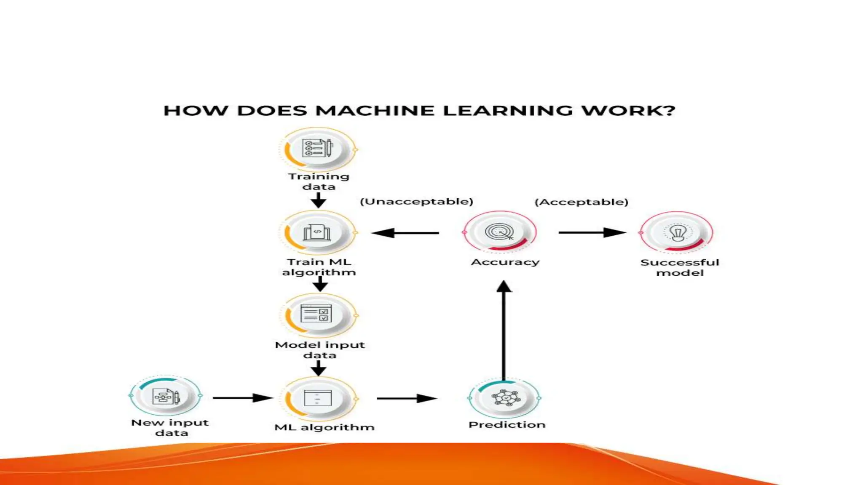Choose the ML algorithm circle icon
click(x=318, y=398)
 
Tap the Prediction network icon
click(x=505, y=398)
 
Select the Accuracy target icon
click(x=500, y=232)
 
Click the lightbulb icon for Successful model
click(x=677, y=232)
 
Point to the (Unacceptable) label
click(x=416, y=202)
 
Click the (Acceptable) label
click(x=582, y=202)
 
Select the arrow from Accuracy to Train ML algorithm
click(x=405, y=233)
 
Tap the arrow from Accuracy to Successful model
click(x=592, y=232)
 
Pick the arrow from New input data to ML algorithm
click(x=243, y=398)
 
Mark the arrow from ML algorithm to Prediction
click(x=407, y=398)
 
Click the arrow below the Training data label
click(x=319, y=200)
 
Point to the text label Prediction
click(x=507, y=425)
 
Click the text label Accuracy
click(x=505, y=262)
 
